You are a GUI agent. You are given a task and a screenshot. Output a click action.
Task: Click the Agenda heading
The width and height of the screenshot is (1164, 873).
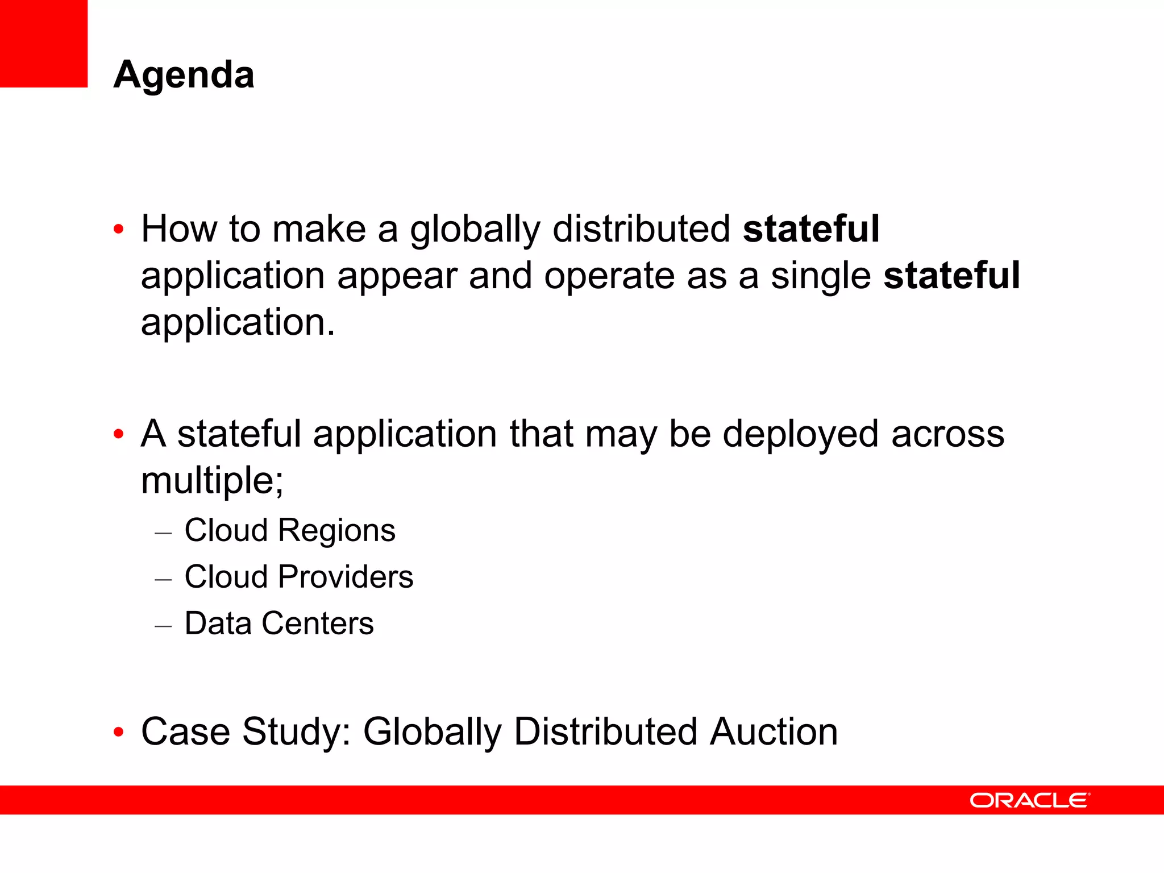click(184, 74)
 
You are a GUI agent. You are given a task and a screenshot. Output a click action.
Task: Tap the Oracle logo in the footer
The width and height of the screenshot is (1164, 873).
click(1029, 800)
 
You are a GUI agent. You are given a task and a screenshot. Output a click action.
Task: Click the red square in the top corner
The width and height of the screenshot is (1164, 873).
click(44, 43)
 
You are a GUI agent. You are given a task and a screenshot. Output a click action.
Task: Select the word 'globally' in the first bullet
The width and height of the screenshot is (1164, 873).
click(475, 230)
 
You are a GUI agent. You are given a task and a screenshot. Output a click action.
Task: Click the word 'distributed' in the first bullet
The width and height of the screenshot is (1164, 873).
click(642, 229)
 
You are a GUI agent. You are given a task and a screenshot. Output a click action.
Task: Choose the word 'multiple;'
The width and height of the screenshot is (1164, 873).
click(212, 481)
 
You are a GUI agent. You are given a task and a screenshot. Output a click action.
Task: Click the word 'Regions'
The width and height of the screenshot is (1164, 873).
click(336, 531)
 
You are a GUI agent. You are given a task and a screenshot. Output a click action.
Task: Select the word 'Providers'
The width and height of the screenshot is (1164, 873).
click(346, 577)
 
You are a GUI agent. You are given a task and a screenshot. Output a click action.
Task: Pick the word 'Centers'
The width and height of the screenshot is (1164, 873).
click(318, 623)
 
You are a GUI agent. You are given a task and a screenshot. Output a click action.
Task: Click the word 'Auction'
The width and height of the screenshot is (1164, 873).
click(774, 731)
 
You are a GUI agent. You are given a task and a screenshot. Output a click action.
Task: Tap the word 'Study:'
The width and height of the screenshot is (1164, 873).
click(297, 733)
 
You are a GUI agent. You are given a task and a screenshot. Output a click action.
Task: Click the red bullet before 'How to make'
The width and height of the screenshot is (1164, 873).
click(118, 230)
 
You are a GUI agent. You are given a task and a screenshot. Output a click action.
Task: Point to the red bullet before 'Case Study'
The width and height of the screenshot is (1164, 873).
click(118, 732)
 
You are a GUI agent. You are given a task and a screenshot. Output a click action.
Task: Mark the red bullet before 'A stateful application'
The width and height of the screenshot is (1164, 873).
click(118, 435)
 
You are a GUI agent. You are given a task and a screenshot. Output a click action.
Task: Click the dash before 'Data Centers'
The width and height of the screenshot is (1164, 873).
click(163, 625)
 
